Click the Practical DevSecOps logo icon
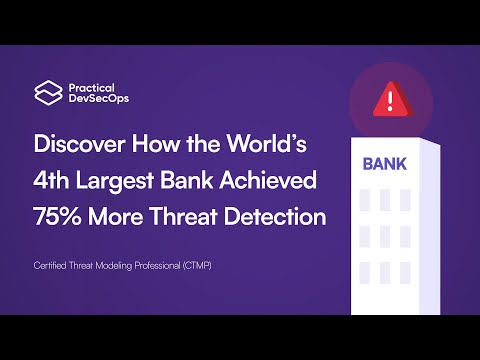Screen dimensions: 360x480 click(45, 92)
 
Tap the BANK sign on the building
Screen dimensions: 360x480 click(383, 163)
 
